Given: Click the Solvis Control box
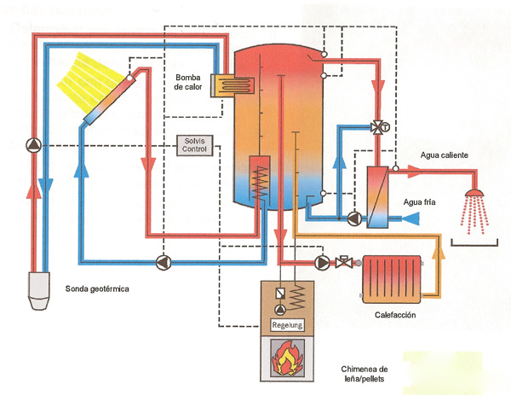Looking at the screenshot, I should pos(195,144).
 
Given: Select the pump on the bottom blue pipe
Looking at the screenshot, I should pos(162,261).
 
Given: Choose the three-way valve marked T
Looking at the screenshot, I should pos(376,129).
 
